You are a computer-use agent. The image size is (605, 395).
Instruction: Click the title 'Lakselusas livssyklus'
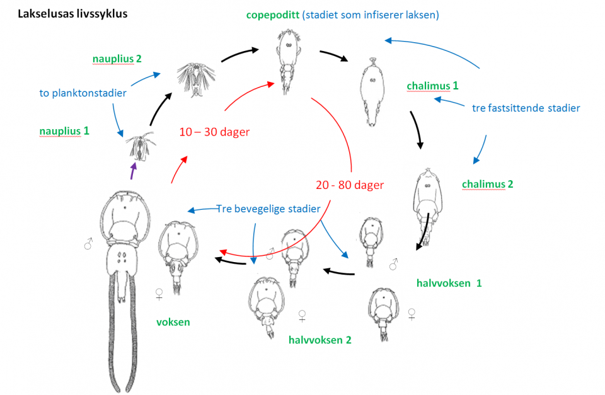coord(72,13)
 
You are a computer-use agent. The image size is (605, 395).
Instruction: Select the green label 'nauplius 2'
coord(117,59)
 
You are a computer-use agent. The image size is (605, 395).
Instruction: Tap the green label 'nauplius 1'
coord(64,130)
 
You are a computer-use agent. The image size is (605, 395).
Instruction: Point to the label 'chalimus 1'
coord(432,86)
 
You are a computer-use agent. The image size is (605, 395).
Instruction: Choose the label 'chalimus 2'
coord(487,185)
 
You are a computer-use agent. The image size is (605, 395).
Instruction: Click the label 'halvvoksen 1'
coord(449,283)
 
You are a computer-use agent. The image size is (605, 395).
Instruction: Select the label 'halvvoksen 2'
coord(320,340)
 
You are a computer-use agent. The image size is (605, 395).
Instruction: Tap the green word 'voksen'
coord(173,322)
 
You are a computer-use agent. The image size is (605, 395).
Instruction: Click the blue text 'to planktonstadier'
coord(83,93)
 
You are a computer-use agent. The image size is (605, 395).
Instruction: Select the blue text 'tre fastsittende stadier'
coord(526,108)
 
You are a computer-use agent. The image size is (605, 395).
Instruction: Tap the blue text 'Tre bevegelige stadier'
coord(268,208)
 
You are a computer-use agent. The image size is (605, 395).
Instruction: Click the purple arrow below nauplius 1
coord(132,171)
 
